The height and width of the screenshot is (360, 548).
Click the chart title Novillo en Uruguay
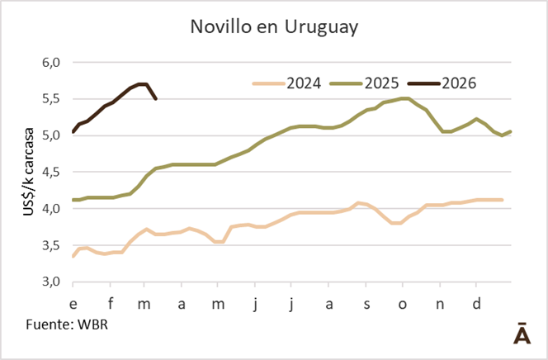pos(274,26)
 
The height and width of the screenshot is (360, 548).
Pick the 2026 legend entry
pos(459,83)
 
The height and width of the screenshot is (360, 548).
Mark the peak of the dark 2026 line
pos(142,83)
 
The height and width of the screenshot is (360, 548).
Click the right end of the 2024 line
pos(503,200)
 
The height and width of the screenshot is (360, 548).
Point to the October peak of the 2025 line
pos(404,98)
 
